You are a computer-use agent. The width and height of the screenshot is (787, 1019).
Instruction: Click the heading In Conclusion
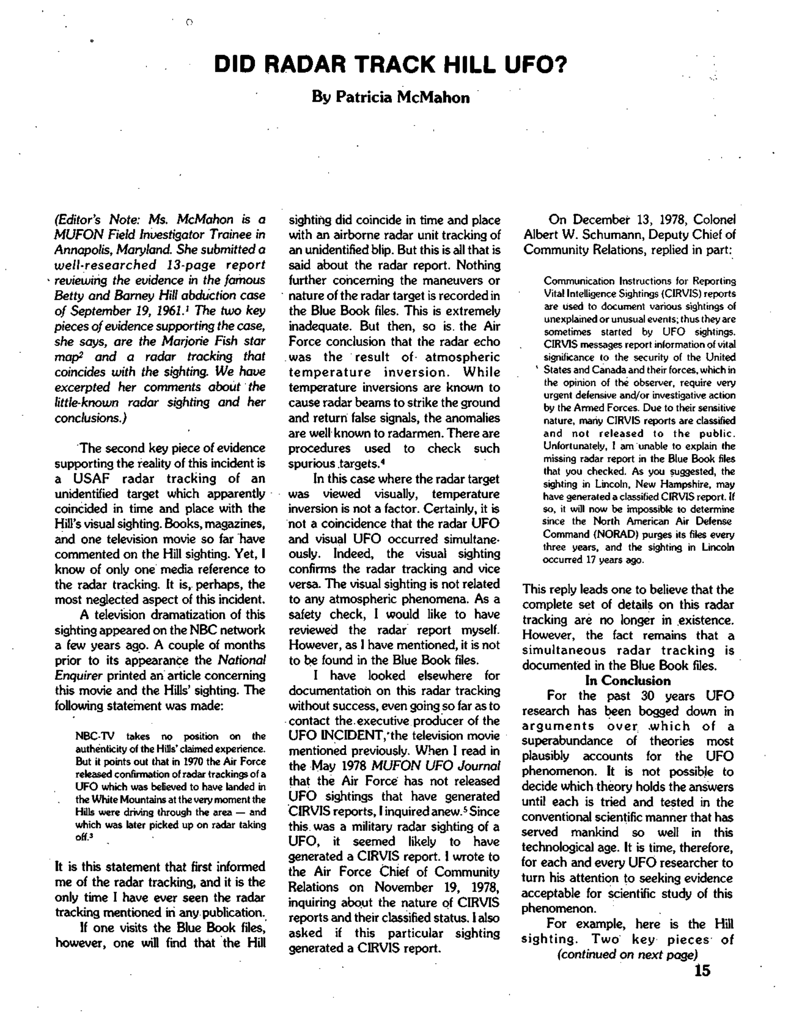627,681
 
